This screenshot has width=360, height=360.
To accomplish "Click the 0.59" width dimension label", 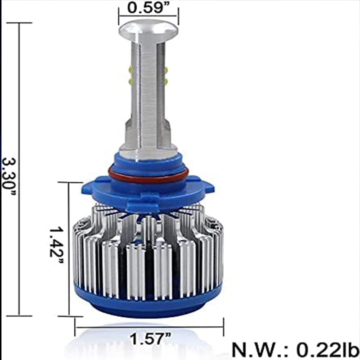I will (148, 8).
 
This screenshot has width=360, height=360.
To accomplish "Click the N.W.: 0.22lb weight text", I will (295, 349).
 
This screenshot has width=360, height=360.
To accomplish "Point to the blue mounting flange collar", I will (148, 191).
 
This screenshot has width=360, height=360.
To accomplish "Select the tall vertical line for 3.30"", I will (19, 169).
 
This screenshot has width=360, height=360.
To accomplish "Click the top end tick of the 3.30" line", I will (19, 22).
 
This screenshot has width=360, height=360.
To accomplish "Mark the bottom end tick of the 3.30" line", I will (19, 315).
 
